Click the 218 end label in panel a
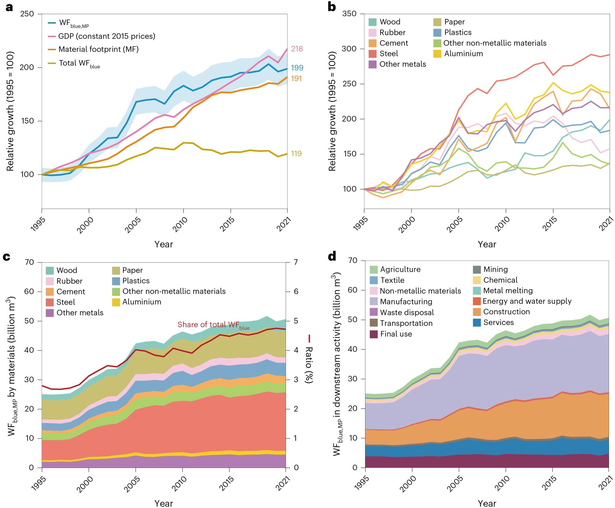point(297,49)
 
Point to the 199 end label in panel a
point(297,68)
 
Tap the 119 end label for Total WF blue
point(296,154)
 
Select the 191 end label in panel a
point(296,79)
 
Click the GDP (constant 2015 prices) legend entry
point(107,36)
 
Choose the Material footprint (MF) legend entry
point(98,49)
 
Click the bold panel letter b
point(332,7)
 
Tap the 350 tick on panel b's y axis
point(349,14)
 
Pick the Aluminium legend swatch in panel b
point(437,54)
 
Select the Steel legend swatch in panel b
point(372,54)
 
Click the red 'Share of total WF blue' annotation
point(213,325)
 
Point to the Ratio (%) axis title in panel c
point(309,359)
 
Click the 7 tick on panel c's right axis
point(296,262)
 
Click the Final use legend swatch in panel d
point(374,334)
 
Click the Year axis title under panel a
point(164,244)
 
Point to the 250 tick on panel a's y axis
point(27,14)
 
